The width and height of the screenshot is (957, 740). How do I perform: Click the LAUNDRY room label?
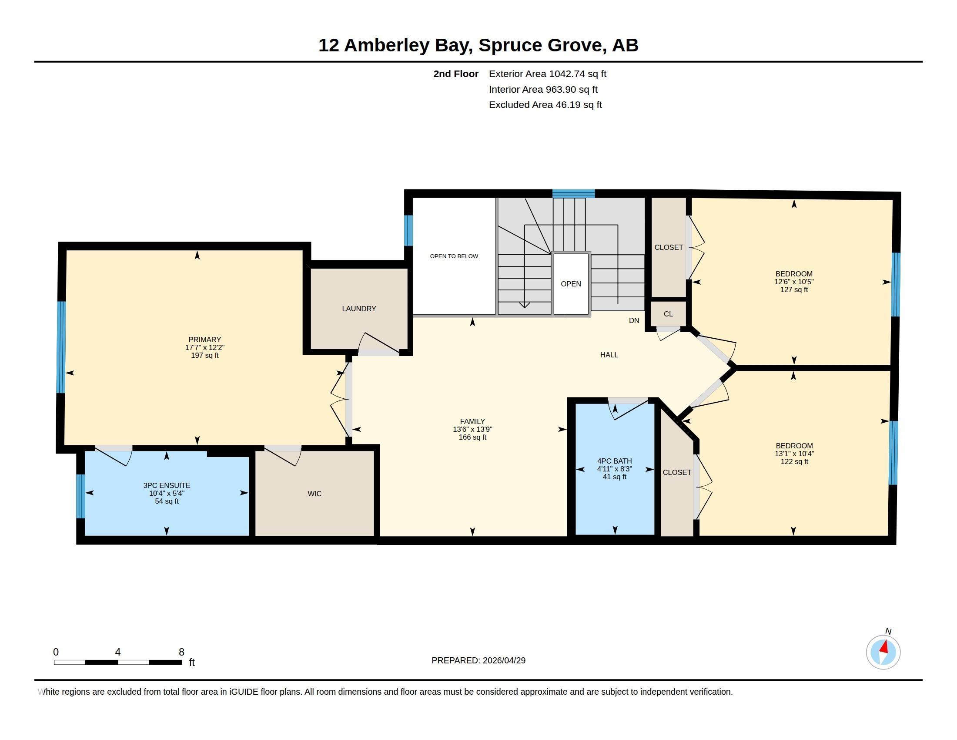point(359,309)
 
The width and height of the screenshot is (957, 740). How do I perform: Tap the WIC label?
point(315,494)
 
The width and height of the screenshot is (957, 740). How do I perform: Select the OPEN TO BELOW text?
point(454,256)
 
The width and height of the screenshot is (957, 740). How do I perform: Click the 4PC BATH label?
point(614,461)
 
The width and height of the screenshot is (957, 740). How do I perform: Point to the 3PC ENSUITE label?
point(167,485)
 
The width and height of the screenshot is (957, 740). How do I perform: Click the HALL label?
point(609,355)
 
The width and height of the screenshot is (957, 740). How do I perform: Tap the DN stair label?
point(634,320)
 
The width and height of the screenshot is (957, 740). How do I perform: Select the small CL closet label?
point(668,314)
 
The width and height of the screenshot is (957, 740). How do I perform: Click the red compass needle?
point(884,647)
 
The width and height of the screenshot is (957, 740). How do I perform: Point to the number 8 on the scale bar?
point(181,652)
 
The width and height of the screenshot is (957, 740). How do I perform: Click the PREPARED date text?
point(478,660)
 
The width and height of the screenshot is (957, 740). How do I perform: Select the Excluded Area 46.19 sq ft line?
point(545,105)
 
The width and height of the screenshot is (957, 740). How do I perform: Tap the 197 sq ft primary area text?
point(204,355)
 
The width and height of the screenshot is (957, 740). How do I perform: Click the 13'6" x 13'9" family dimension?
point(472,429)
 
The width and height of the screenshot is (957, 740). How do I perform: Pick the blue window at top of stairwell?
point(574,193)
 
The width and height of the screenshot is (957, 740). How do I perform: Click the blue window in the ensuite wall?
point(80,496)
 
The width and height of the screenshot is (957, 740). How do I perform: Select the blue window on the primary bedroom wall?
point(61,347)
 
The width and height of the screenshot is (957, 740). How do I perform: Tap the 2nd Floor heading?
point(456,74)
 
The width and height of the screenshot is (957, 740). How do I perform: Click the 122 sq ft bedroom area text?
point(794,461)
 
